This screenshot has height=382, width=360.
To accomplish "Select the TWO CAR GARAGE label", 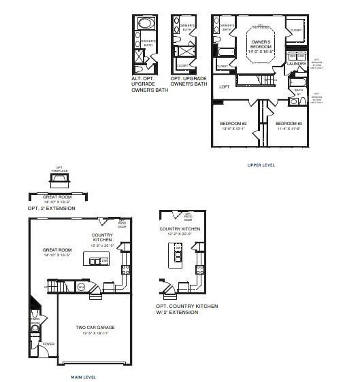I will click(x=95, y=328).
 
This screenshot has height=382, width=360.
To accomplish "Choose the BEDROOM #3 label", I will click(x=289, y=123).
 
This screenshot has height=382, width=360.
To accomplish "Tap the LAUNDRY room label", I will click(x=297, y=64).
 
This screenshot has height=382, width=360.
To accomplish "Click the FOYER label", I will click(x=49, y=344).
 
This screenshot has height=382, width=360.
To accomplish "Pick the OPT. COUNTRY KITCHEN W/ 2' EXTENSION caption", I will click(x=186, y=309).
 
